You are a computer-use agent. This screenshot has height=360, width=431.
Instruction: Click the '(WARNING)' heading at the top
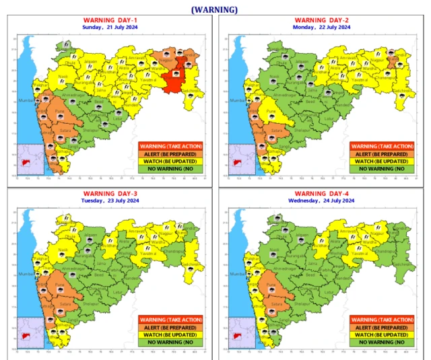214,9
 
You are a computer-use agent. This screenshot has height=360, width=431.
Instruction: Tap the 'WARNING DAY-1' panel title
109,20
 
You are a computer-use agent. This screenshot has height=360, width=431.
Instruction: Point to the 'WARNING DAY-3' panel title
109,194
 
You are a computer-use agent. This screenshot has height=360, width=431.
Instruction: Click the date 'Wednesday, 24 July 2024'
322,201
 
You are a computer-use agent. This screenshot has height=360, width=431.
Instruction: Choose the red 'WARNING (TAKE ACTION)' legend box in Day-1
170,145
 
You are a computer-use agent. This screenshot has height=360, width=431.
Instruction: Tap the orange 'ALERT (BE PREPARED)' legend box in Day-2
382,153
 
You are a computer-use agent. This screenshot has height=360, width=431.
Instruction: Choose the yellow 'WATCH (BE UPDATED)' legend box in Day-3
170,334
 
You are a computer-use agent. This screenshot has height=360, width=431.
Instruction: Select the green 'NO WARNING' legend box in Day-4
382,343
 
